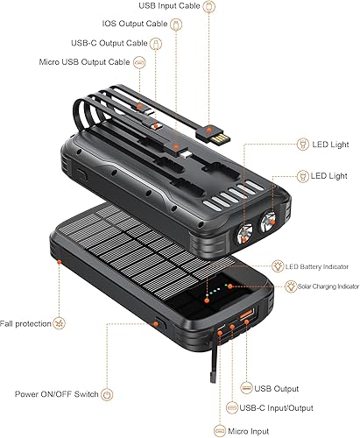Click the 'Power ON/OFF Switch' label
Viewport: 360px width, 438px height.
point(56,392)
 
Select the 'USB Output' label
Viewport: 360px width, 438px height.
point(276,388)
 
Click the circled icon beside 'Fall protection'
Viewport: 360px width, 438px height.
point(60,324)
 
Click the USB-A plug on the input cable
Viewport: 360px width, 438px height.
point(214,134)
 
